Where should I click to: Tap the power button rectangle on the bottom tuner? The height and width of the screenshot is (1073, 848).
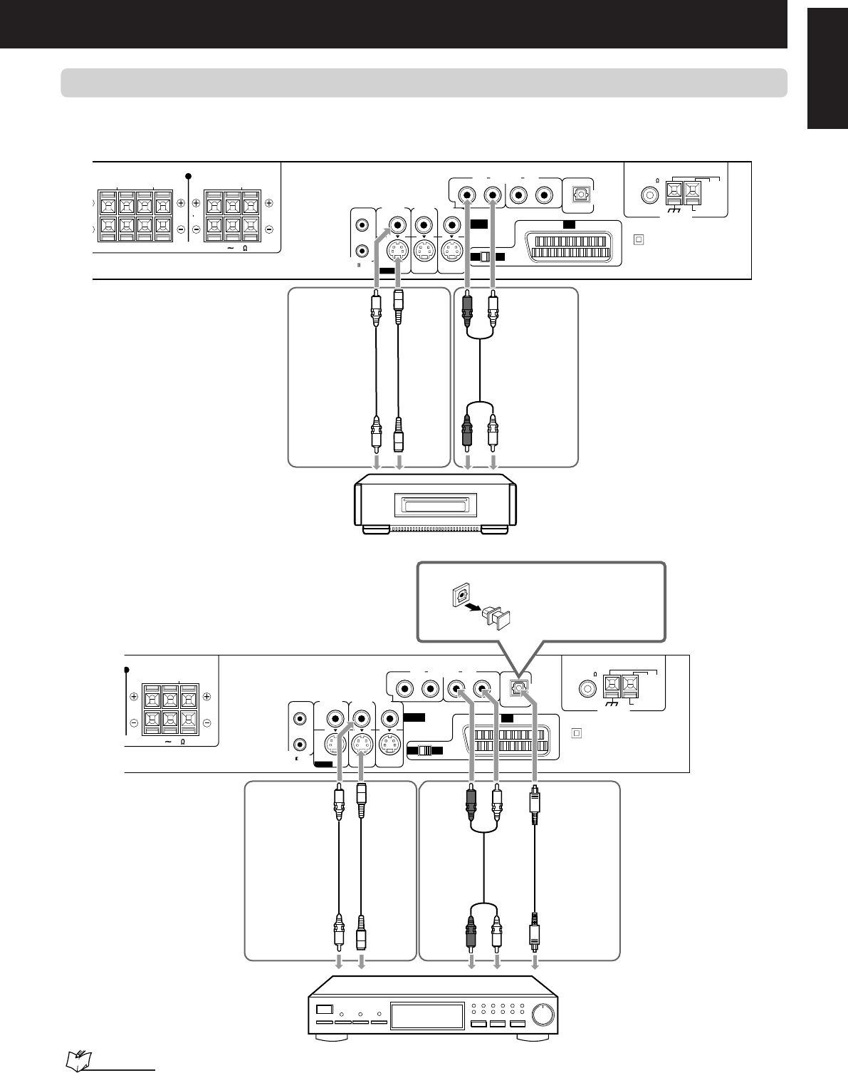tap(325, 1009)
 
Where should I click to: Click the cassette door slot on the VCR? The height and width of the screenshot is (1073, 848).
tap(436, 506)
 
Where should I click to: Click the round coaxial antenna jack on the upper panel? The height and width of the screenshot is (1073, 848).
tap(649, 193)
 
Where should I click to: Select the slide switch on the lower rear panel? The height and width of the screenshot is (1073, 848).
tap(425, 751)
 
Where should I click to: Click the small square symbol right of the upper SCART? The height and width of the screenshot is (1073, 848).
tap(638, 239)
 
